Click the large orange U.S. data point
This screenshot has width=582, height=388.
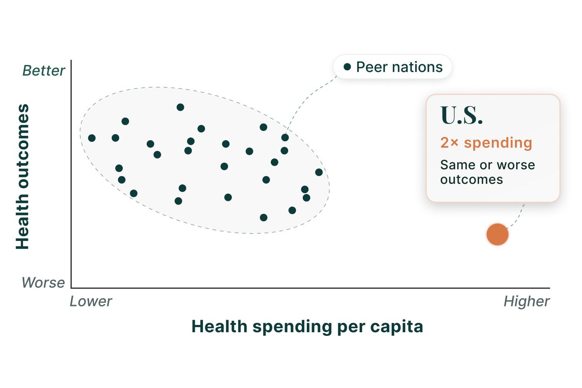497,234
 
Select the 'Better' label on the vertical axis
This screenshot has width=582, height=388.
44,70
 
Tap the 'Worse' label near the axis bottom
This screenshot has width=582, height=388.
43,282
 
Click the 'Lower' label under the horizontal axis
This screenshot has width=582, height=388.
91,301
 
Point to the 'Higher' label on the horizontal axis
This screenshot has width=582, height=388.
527,302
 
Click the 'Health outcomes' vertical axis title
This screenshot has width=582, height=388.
22,177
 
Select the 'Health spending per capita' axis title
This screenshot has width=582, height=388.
307,327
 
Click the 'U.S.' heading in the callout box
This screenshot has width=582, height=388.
462,115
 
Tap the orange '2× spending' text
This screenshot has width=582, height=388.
486,143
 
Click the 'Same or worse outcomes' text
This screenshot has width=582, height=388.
488,172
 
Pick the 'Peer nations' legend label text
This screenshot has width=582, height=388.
399,67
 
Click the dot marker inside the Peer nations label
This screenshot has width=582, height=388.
348,67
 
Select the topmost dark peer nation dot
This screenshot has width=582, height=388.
180,107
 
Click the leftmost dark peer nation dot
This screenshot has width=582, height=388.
92,138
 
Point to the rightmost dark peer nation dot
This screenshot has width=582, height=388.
319,172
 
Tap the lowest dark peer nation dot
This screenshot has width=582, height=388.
264,217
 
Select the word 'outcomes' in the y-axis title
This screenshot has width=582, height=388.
22,146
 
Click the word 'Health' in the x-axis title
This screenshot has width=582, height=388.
219,327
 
